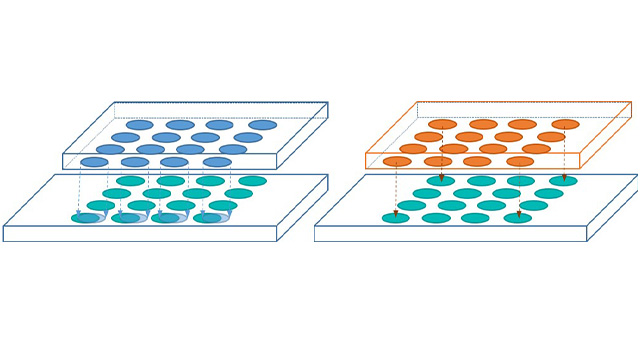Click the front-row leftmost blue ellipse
[x=94, y=162]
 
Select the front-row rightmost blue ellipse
[x=217, y=162]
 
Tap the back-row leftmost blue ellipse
[x=140, y=125]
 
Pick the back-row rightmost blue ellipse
[x=263, y=125]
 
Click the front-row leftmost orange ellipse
[x=397, y=161]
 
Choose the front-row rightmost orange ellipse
[x=520, y=161]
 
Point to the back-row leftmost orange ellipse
[x=443, y=125]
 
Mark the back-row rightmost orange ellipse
[x=565, y=125]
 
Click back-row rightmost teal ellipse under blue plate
[x=252, y=181]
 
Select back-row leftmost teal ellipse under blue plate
[x=130, y=181]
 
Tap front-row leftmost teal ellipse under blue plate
[x=85, y=218]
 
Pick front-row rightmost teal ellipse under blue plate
[x=208, y=218]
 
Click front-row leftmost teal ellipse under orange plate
[x=395, y=218]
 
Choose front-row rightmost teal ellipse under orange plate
[x=518, y=218]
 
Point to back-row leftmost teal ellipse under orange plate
[x=441, y=181]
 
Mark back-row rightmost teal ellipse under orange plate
[x=563, y=181]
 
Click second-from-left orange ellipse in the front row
[x=438, y=161]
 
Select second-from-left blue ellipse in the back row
[x=180, y=125]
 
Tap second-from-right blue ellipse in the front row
[x=174, y=162]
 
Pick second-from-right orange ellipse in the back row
[x=522, y=125]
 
